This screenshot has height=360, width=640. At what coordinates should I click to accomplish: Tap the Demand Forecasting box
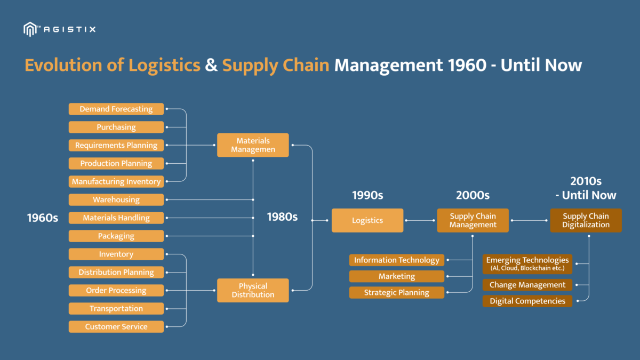pos(116,109)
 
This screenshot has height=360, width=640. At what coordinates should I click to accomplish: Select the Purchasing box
pos(116,127)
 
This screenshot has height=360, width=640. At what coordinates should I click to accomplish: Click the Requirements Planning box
pos(116,145)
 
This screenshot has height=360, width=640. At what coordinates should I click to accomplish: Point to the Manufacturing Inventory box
pos(116,181)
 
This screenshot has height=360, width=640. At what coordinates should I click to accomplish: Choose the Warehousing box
pos(116,199)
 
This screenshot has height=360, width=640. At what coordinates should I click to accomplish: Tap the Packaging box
pos(116,236)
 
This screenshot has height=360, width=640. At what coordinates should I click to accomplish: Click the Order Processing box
pos(116,290)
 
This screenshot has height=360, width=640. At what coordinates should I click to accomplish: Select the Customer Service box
pos(116,326)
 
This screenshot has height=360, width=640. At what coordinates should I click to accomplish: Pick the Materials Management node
pos(253,145)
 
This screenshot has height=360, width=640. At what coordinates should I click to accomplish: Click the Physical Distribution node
pos(253,290)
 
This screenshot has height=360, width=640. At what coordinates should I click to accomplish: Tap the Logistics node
pos(367,220)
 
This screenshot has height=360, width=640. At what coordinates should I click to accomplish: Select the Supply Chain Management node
pos(473,220)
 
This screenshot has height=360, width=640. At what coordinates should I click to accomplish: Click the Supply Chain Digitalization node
pos(586,220)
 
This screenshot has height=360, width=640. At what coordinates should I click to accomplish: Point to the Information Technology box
pos(397,260)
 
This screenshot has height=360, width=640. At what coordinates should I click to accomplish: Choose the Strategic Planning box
pos(397,292)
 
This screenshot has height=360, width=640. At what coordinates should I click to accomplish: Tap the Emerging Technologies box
pos(527,263)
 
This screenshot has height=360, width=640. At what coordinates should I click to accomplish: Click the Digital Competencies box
pos(527,301)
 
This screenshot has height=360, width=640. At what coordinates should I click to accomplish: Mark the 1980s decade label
pos(282,217)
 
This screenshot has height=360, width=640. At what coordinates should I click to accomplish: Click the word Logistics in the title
pos(164,65)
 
